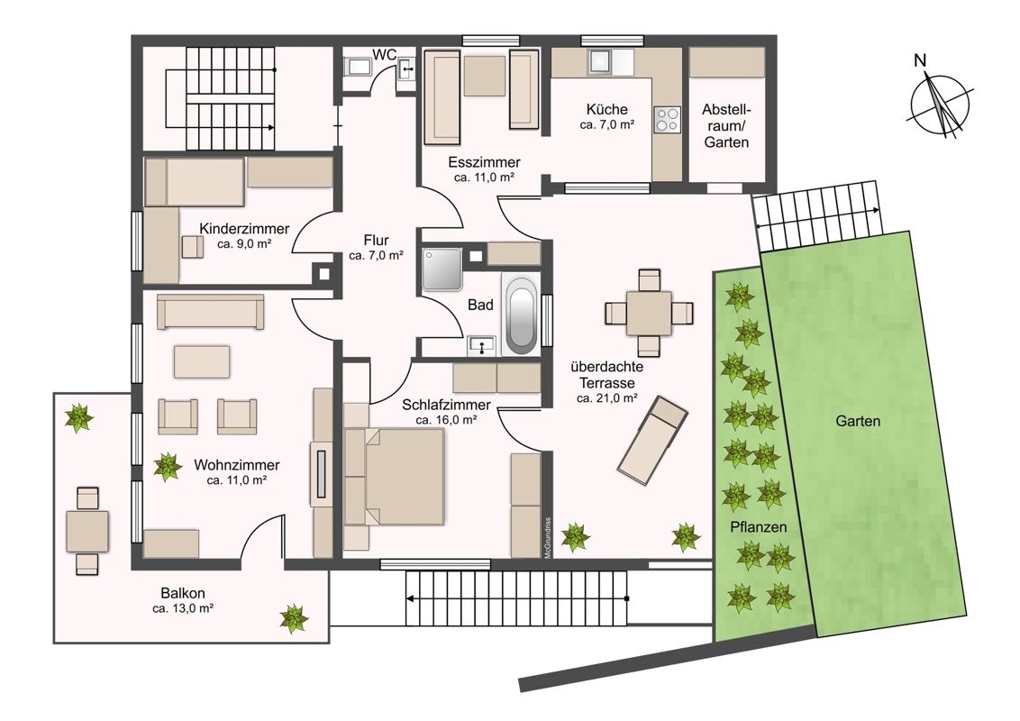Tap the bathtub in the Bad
tap(520, 314)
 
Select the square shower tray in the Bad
tap(442, 269)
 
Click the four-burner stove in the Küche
tap(667, 119)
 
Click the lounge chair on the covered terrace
tap(652, 440)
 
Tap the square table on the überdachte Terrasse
tap(649, 314)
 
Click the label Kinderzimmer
tap(244, 229)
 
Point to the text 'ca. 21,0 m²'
tap(607, 398)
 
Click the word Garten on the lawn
tap(858, 421)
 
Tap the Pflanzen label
tap(759, 527)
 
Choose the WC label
tap(384, 55)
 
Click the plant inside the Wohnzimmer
tap(168, 467)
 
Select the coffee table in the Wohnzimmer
tap(202, 361)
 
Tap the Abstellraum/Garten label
tap(726, 125)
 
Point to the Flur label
tap(376, 240)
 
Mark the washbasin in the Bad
tap(481, 345)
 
